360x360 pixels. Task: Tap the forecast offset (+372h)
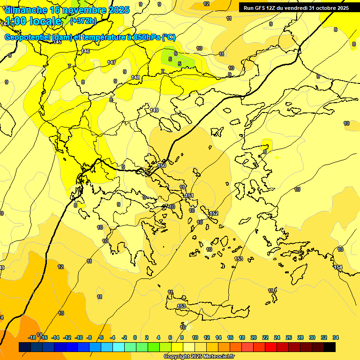(x=83, y=21)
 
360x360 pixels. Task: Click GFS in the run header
(x=260, y=8)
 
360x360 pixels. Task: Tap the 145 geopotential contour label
(x=57, y=42)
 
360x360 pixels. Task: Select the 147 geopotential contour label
(x=112, y=62)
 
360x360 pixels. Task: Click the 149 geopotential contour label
(x=154, y=110)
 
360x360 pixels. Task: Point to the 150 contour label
(x=162, y=166)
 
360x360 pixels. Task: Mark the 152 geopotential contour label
(x=214, y=213)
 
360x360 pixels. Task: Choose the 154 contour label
(x=338, y=267)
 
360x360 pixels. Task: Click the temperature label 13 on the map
(x=61, y=313)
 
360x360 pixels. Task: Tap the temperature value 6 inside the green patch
(x=175, y=53)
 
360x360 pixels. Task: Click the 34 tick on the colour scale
(x=336, y=337)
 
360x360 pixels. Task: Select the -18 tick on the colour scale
(x=32, y=337)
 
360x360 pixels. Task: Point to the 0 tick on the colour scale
(x=135, y=337)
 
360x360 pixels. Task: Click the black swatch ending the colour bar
(x=330, y=347)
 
